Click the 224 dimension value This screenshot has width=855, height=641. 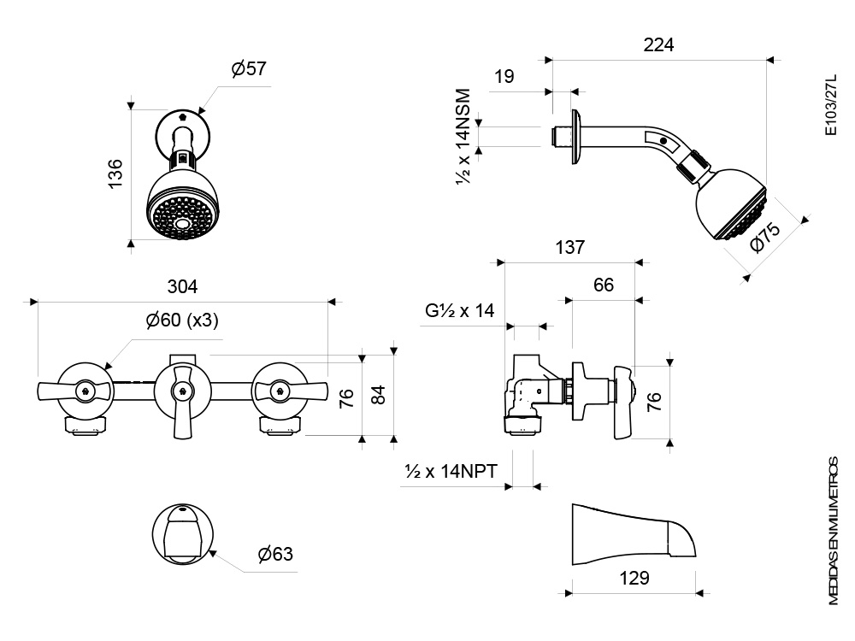point(658,44)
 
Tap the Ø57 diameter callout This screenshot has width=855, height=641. point(249,68)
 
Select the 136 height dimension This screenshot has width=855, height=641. point(115,173)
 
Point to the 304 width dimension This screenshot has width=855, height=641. point(182,286)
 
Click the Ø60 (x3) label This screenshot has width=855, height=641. point(182,320)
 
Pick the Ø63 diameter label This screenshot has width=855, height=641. point(275,554)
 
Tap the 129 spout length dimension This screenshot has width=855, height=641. point(634,578)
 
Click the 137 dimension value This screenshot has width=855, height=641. point(569,248)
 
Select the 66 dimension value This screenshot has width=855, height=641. point(604,285)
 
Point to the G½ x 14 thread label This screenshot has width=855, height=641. point(460,311)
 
